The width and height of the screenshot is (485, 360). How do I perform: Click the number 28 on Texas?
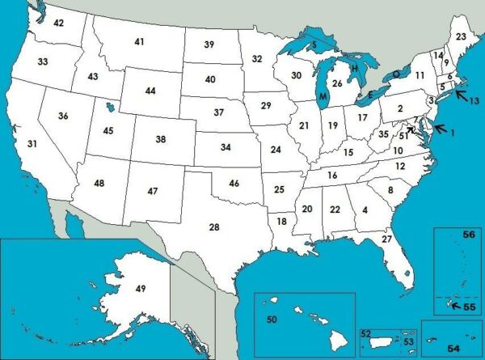click(x=214, y=227)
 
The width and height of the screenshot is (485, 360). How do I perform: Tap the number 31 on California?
click(x=32, y=144)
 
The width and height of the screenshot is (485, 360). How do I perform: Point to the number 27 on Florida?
click(x=386, y=239)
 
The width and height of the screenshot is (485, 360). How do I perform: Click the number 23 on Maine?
click(x=461, y=37)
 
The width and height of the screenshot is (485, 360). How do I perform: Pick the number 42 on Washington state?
click(x=58, y=23)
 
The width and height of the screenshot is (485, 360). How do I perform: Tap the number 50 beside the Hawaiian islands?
click(x=272, y=320)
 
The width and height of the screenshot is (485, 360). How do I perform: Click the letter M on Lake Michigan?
click(x=323, y=97)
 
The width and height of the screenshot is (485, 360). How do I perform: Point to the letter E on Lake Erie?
click(x=370, y=95)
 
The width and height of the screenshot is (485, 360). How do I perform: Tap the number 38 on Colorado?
click(x=161, y=139)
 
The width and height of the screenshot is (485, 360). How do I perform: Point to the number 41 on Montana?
click(x=139, y=41)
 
